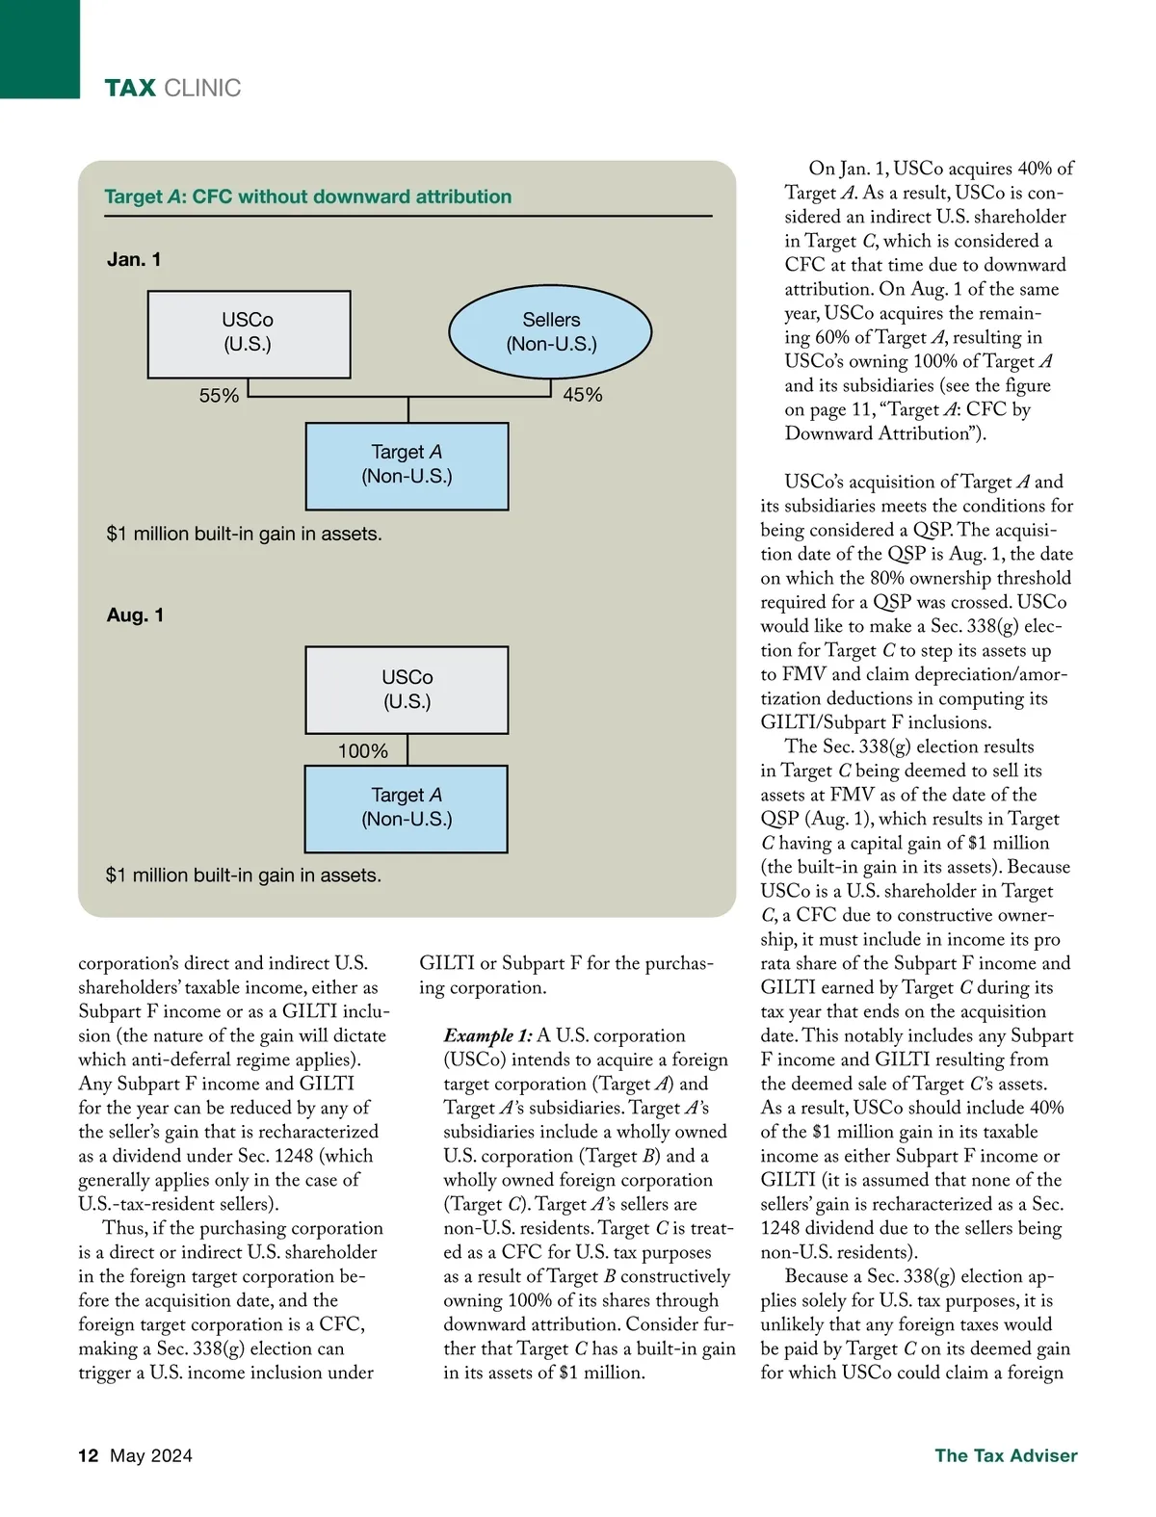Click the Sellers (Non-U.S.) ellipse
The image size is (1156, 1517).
pos(550,331)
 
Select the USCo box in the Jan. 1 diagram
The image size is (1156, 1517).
pos(249,333)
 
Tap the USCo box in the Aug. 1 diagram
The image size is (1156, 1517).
pos(407,690)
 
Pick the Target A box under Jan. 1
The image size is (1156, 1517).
pos(407,465)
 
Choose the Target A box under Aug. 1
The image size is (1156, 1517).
pos(406,808)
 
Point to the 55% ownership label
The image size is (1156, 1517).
pos(219,396)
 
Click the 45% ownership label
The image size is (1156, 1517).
pos(582,395)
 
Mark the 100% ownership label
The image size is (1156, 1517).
pos(362,751)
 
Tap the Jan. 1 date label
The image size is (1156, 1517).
pos(134,259)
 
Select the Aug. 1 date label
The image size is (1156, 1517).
pos(135,615)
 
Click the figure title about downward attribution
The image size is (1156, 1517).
pos(307,196)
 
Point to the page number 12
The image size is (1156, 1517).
pos(88,1455)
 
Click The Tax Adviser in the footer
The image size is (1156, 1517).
pos(1006,1455)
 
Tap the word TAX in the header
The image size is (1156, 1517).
pos(130,89)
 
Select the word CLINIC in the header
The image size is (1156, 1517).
pos(202,89)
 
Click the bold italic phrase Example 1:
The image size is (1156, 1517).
pos(487,1035)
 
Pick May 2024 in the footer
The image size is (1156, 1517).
pos(151,1455)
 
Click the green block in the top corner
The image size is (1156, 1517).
pos(39,48)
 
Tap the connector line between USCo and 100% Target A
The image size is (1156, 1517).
pos(407,749)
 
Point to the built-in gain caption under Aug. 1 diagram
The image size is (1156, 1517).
pos(243,875)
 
